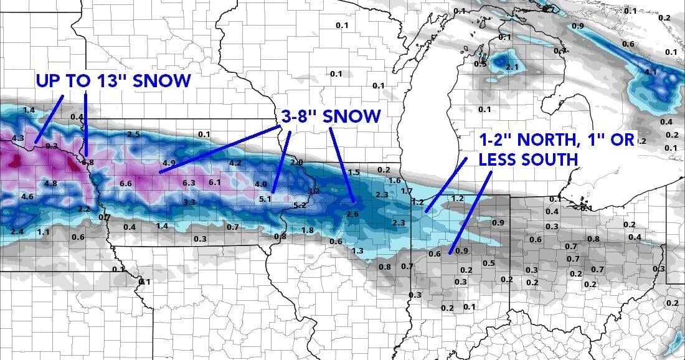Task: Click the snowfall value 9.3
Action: (x=51, y=146)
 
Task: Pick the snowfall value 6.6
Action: (x=126, y=183)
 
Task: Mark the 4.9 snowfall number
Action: (x=169, y=163)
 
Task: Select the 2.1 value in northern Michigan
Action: (x=513, y=67)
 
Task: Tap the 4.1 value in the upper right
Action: (x=651, y=72)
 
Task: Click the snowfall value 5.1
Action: (x=265, y=199)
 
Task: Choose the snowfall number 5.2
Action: (x=299, y=205)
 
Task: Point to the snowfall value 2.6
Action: (x=352, y=214)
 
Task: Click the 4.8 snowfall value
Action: (x=51, y=183)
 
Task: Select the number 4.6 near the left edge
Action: (x=27, y=196)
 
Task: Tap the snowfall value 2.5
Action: (x=133, y=134)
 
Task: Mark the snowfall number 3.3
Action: (x=189, y=202)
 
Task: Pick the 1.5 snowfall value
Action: (x=354, y=172)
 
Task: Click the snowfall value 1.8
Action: (x=308, y=230)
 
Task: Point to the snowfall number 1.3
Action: (x=357, y=250)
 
